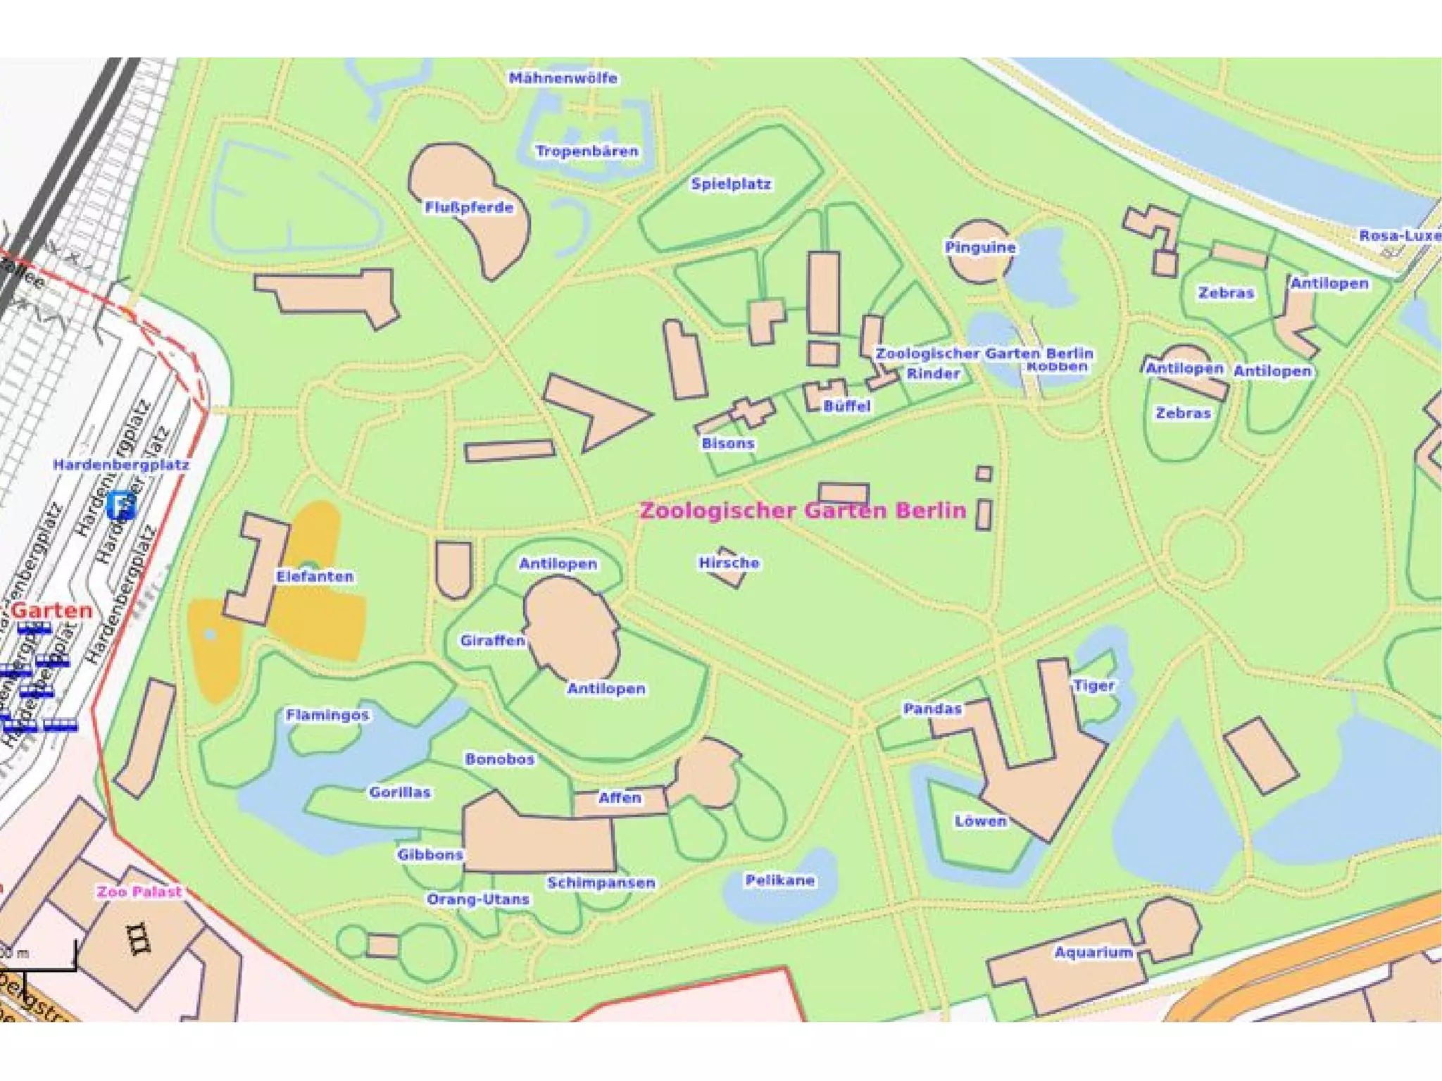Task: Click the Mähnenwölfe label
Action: [563, 78]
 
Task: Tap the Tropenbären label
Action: [587, 151]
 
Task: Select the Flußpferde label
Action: [469, 207]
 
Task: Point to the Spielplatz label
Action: [731, 184]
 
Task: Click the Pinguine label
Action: [980, 247]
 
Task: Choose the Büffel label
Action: [846, 406]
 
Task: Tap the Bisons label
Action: [728, 443]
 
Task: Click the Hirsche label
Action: [729, 563]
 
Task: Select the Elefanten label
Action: [315, 576]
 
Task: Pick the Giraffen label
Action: [492, 640]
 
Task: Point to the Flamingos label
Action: [327, 715]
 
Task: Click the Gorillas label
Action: [400, 792]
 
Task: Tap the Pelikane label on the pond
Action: [779, 880]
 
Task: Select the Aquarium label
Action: [1093, 952]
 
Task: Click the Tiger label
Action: [1093, 685]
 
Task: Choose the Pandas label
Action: [932, 708]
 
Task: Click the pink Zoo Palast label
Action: [139, 892]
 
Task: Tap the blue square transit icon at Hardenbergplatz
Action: [120, 505]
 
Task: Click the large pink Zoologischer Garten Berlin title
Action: [803, 511]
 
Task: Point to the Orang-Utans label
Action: [478, 899]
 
